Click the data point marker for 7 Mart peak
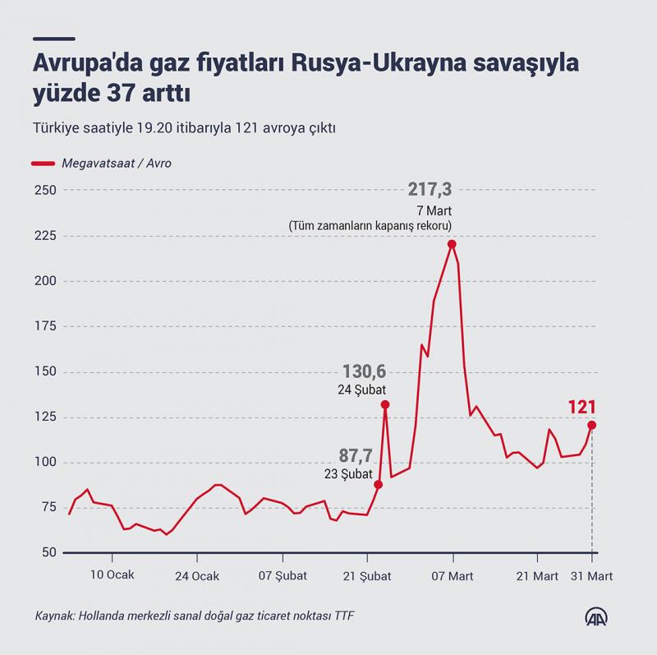pos(452,244)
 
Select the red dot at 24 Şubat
pos(385,404)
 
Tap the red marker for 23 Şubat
pos(379,485)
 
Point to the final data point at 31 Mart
pos(591,425)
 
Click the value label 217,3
pos(430,190)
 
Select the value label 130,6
pos(365,372)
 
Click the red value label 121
pos(582,407)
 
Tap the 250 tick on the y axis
pos(45,191)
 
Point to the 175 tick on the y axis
pos(45,326)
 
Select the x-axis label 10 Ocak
pos(113,576)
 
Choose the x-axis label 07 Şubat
pos(283,576)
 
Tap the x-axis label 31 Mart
pos(592,576)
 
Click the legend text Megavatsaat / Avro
pos(116,164)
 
